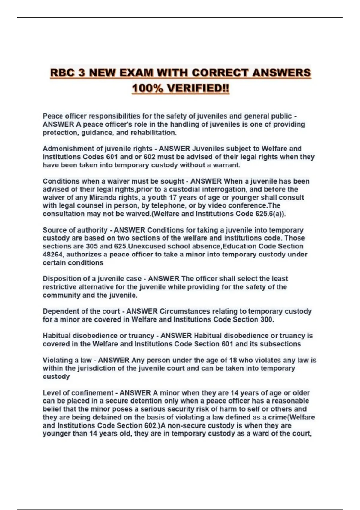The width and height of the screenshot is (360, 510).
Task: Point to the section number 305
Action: [x=92, y=247]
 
